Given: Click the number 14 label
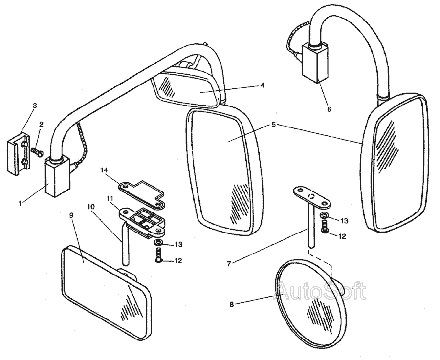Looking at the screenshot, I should pos(104,169).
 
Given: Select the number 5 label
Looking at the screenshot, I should pos(274,125).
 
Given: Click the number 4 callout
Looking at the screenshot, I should pos(262,85).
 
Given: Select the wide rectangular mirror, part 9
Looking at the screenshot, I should pos(105,291).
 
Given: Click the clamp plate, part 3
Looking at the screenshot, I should pos(19,152).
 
